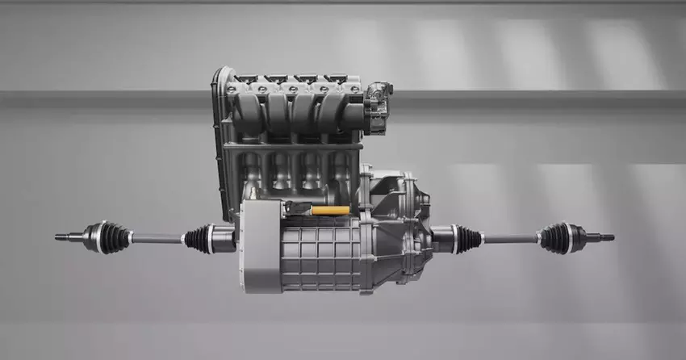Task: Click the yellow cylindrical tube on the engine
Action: (330, 211)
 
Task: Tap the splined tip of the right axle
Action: (607, 237)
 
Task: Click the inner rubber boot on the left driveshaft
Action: (197, 238)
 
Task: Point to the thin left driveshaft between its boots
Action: (157, 238)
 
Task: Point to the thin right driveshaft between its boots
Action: (510, 238)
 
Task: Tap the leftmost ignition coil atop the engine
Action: (247, 79)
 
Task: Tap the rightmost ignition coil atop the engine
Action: (336, 79)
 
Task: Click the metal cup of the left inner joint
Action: (222, 238)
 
